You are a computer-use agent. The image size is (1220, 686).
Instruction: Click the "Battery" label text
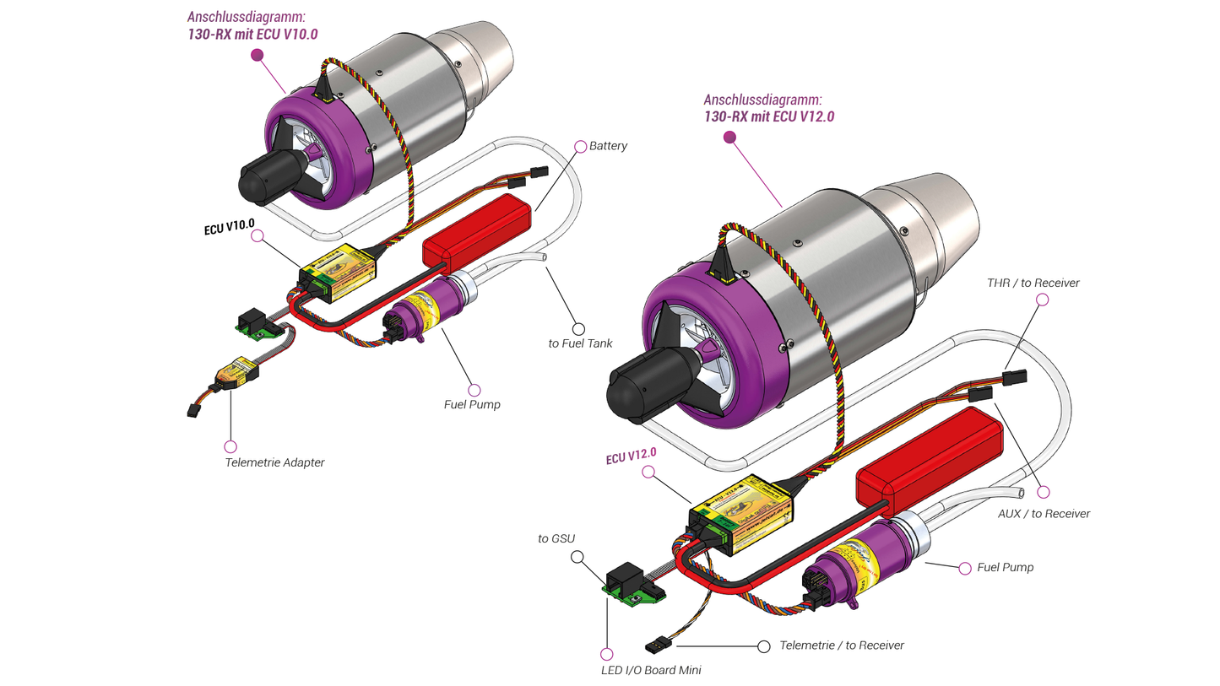tap(608, 146)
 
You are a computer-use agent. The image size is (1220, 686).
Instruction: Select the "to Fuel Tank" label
tap(580, 343)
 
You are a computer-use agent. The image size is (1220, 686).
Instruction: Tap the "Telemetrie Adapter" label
tap(274, 462)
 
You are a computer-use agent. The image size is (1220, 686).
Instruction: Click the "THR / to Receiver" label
tap(1032, 283)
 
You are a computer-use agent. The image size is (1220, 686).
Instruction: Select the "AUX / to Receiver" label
tap(1043, 513)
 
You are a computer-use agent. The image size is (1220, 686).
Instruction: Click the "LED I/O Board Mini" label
tap(646, 670)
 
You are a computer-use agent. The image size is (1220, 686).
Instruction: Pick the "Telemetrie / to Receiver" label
tap(842, 645)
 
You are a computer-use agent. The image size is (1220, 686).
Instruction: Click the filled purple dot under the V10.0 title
tap(258, 55)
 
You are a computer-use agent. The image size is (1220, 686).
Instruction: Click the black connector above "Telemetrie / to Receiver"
tap(658, 645)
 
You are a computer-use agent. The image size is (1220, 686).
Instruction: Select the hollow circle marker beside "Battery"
tap(580, 146)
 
